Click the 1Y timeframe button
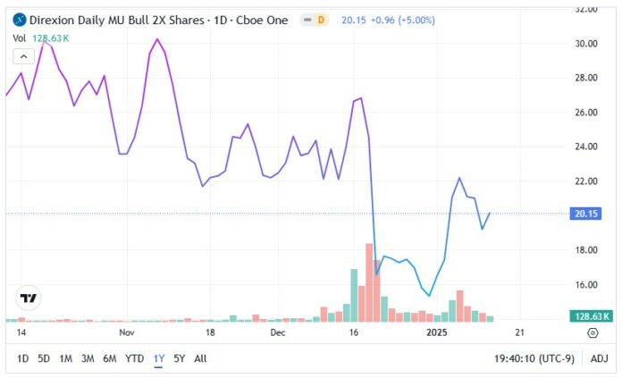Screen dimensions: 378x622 (159, 358)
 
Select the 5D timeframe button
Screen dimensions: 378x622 (43, 358)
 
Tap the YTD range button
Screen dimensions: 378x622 (135, 358)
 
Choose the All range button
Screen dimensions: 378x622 (200, 358)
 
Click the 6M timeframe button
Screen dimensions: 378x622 (110, 358)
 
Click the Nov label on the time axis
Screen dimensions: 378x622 (126, 332)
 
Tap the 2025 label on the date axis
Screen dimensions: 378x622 (437, 332)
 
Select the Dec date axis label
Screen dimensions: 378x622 (278, 332)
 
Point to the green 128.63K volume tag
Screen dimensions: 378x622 (589, 315)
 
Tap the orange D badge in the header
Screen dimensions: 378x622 (321, 20)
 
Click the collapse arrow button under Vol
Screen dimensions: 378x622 (23, 56)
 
